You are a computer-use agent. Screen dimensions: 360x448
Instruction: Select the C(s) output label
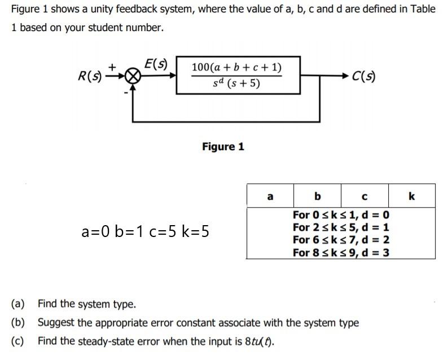(363, 76)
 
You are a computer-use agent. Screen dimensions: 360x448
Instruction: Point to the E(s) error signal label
(155, 63)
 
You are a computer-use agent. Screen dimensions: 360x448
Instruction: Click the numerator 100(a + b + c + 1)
(237, 68)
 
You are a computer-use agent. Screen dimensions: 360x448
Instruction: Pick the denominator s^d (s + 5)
(237, 85)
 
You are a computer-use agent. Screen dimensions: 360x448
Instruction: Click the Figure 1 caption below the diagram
(223, 147)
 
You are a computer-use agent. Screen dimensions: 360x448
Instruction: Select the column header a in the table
(270, 196)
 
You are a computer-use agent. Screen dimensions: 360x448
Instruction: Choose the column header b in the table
(317, 196)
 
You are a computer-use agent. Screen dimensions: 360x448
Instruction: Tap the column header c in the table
(364, 196)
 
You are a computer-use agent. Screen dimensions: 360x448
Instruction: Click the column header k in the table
(411, 196)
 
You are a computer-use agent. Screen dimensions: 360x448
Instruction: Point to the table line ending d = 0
(341, 215)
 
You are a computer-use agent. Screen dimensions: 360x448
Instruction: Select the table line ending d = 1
(341, 227)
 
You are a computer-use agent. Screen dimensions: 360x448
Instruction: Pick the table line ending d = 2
(341, 240)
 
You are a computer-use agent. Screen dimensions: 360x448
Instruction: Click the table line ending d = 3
(341, 252)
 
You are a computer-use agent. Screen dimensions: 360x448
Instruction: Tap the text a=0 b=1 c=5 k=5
(146, 231)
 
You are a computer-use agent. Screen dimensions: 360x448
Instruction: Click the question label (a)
(18, 304)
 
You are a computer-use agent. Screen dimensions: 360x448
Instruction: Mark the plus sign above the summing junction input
(112, 67)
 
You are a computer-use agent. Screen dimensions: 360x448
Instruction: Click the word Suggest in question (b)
(55, 323)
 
